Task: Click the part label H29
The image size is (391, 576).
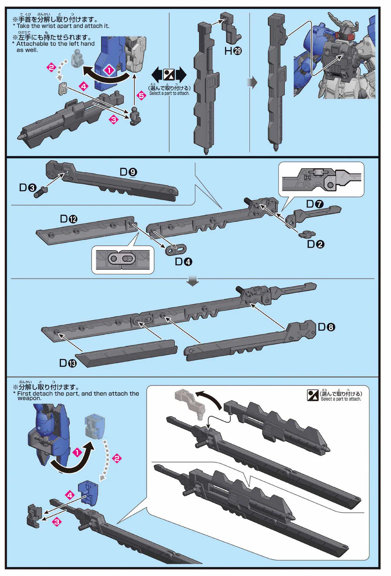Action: point(233,51)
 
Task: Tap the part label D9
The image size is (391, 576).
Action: point(128,172)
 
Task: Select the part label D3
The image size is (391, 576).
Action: point(28,188)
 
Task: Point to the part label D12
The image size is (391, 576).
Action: point(69,219)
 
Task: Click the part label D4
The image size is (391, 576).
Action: point(183,262)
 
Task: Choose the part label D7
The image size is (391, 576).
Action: point(315,204)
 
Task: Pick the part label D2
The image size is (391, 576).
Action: point(315,244)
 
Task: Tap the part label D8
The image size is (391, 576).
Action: point(326,327)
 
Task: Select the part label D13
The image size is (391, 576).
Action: point(68,363)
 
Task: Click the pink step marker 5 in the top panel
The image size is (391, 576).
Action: point(141,95)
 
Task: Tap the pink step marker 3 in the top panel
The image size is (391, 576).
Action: point(114,119)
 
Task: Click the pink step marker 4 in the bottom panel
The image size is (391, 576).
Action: point(70,495)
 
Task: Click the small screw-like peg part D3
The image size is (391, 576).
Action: point(40,192)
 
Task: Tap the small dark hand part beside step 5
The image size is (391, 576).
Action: point(134,116)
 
